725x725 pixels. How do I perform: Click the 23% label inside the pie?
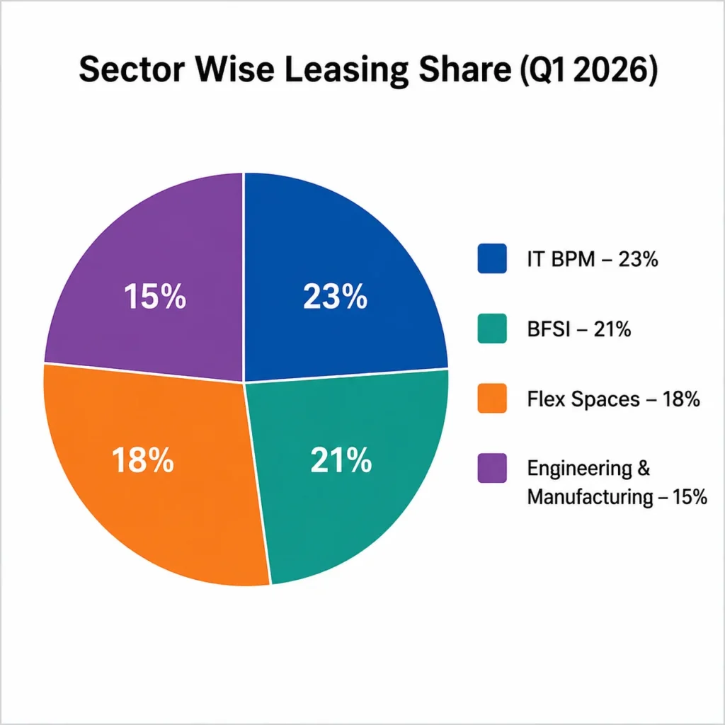pos(335,297)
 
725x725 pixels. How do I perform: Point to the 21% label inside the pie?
pos(341,460)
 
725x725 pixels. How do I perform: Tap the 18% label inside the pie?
pos(143,460)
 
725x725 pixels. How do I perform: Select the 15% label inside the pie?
pos(155,297)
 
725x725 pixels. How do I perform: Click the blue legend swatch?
pos(492,258)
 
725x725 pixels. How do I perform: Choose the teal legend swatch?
pos(492,329)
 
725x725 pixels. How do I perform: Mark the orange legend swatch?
pos(492,398)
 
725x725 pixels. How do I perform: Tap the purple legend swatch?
pos(492,469)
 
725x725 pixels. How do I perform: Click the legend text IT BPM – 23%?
pos(593,259)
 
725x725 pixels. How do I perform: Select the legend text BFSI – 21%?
pos(579,329)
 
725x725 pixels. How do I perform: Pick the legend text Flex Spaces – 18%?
pos(614,399)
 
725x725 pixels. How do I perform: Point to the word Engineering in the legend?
pos(580,469)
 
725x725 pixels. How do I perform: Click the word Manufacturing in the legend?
pos(590,497)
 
